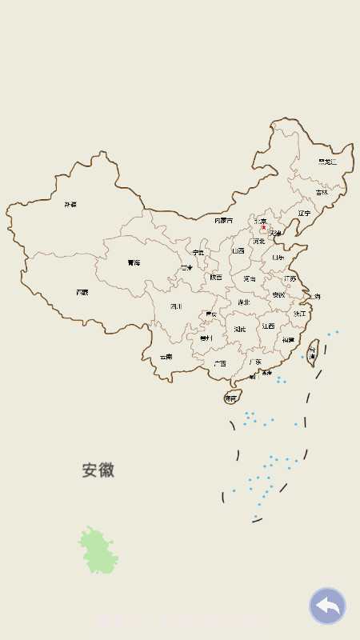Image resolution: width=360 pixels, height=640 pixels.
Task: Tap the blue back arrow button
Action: pos(327,606)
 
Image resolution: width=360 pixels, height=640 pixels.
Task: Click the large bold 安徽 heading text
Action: pos(98,470)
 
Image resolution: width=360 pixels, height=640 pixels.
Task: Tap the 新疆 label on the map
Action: pos(71,205)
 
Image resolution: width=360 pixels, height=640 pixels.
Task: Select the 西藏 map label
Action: pos(82,293)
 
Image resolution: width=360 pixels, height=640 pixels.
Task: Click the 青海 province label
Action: pos(134,262)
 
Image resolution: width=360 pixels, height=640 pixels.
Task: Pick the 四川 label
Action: pos(176,306)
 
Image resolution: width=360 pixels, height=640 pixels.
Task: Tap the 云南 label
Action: pos(166,357)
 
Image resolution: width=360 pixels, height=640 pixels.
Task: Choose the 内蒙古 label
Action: pos(224,220)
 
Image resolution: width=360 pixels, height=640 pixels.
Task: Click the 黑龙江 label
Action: pos(327,162)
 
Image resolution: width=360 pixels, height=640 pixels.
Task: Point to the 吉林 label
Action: pos(322,192)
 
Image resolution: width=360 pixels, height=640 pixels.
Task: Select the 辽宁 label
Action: pos(304,213)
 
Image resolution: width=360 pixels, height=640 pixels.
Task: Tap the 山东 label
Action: pos(278,258)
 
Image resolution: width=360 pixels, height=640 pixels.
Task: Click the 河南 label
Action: pos(250,278)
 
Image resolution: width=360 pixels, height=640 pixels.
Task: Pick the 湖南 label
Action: pos(240,329)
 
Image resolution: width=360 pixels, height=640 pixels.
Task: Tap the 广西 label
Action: pos(219,363)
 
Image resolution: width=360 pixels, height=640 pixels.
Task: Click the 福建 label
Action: pos(287,340)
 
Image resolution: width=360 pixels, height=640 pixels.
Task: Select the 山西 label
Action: pos(238,250)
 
